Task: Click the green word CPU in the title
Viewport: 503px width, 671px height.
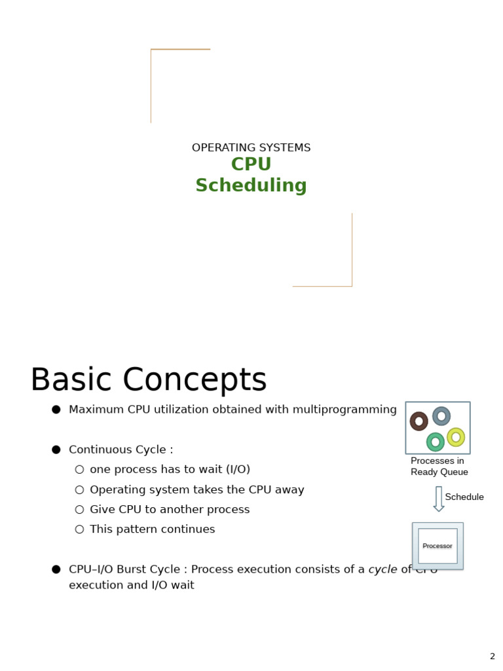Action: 251,164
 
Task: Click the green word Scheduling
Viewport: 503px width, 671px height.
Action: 251,185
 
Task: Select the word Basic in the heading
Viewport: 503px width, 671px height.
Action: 71,381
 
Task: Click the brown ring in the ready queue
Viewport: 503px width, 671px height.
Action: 419,421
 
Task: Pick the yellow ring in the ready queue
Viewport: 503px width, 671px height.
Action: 456,437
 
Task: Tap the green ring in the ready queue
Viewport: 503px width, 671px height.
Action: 436,442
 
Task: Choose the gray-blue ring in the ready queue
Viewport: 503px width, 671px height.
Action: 441,416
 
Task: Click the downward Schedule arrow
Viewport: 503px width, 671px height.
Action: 439,499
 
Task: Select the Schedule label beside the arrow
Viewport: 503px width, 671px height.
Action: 464,497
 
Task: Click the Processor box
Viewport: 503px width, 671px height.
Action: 438,546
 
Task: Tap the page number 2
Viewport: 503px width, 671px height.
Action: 493,656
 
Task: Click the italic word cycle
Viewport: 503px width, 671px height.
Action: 382,569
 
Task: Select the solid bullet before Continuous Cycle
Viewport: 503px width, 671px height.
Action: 56,450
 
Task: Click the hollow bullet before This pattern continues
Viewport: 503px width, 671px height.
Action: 79,529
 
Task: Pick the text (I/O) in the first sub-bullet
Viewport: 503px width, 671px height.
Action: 237,469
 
